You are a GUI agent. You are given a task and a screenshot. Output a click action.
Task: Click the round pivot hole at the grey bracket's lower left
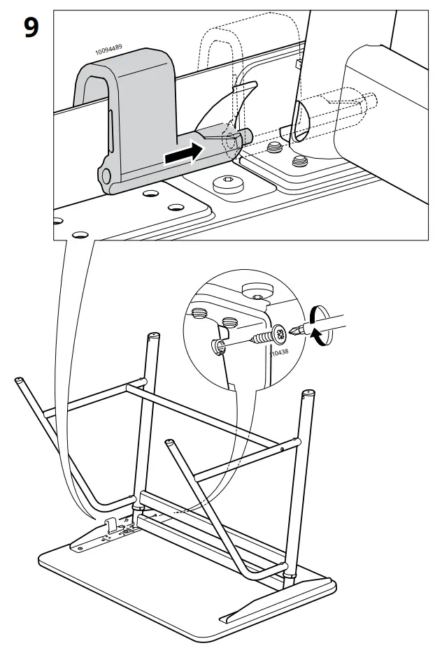tap(106, 175)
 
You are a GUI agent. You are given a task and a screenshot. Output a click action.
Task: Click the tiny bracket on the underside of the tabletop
tap(112, 525)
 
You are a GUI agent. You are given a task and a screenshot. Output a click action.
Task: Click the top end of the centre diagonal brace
tap(169, 442)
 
